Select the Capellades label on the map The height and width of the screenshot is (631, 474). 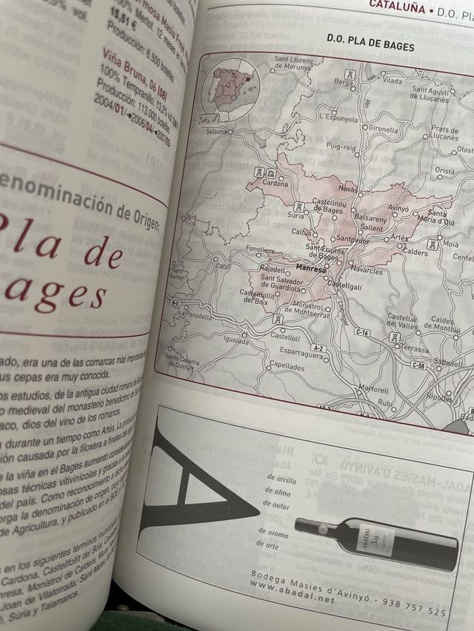[287, 365]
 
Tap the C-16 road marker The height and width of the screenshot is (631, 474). [362, 332]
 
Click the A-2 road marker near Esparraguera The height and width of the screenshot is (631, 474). [319, 348]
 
